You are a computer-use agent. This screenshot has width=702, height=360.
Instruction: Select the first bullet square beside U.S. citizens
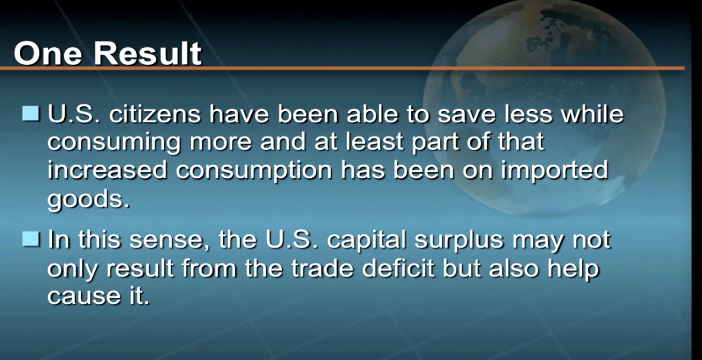coord(31,113)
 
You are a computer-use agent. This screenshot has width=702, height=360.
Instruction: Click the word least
coord(374,142)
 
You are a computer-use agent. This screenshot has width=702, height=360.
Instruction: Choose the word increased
coord(107,170)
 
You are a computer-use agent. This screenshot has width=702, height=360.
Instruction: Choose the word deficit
coord(398,268)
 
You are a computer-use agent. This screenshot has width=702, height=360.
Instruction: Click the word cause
coord(84,297)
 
